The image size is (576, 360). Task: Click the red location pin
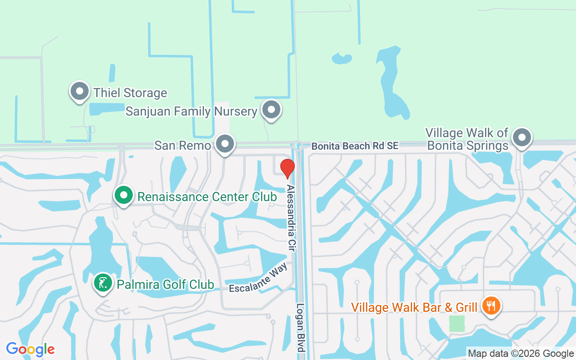coord(287,168)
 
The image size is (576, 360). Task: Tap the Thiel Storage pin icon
coord(80,91)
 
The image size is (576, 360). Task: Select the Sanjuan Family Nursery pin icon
coord(271,109)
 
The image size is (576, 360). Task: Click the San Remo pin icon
coord(225,144)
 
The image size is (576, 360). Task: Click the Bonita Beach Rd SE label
coord(355,146)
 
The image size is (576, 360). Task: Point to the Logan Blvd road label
coord(301,328)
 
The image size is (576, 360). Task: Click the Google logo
coord(30,349)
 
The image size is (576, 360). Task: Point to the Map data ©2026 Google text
coord(521,354)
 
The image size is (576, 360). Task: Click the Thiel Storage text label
coord(130,93)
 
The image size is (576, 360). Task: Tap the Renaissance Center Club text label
coord(207,197)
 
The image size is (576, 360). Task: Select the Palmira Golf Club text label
coord(165,284)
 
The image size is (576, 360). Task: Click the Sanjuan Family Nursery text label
coord(191,111)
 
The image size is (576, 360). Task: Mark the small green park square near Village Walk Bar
coord(457,324)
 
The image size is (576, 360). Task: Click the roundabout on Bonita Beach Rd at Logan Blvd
coord(297,145)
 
